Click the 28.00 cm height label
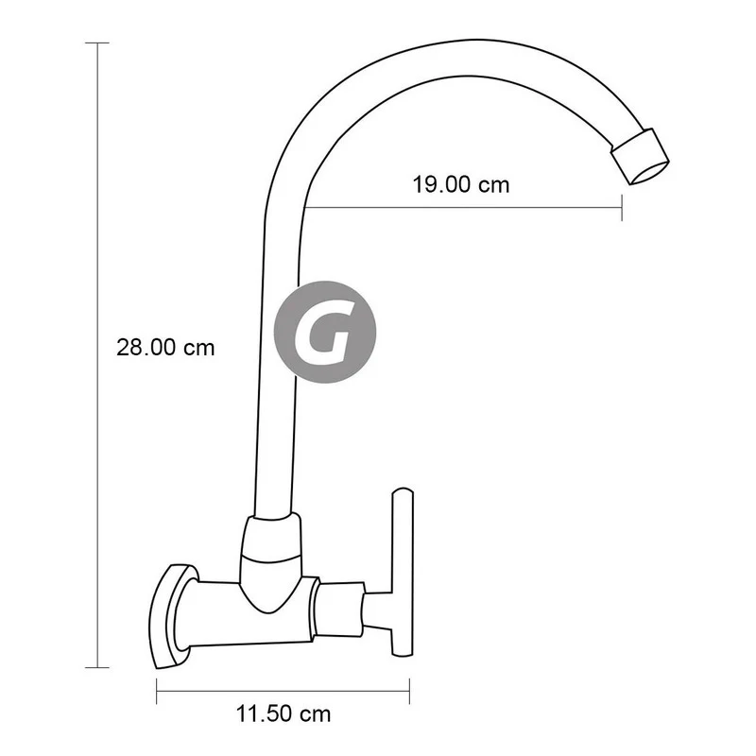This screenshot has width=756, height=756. coord(165,347)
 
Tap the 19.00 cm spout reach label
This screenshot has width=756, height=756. coord(461,184)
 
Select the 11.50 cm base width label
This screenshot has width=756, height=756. coord(283,714)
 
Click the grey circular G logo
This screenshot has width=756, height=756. coord(325,333)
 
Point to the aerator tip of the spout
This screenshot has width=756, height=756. coord(641,156)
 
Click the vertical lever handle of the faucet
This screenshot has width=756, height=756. coord(403,573)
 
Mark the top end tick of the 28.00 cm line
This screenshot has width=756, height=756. coord(97,43)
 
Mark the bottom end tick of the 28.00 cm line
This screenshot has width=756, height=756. coord(97,668)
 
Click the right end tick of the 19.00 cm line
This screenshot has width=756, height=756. coord(622,208)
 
